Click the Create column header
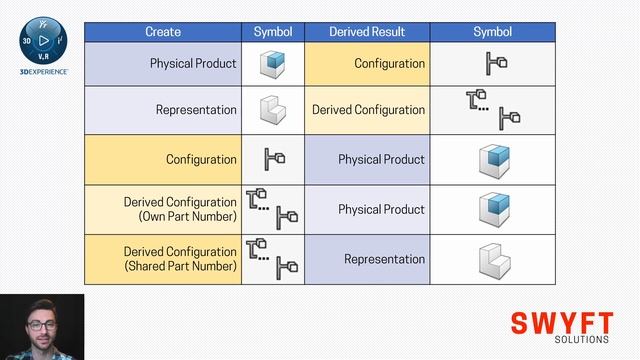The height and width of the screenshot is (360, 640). (163, 32)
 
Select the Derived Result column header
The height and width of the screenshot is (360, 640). (367, 32)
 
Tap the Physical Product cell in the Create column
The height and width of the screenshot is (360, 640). (193, 63)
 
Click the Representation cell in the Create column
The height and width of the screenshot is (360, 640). (196, 111)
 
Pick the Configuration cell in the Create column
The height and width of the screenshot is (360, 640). (201, 159)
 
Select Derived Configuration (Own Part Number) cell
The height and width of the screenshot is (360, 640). (180, 209)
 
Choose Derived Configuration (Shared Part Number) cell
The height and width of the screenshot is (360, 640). (180, 259)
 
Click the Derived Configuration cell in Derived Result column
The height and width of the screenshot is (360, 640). (368, 111)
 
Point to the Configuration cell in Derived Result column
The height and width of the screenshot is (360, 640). (389, 63)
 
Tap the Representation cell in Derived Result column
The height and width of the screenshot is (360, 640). (384, 259)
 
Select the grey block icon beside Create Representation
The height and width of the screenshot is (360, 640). (273, 110)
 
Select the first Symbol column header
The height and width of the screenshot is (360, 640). (273, 32)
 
